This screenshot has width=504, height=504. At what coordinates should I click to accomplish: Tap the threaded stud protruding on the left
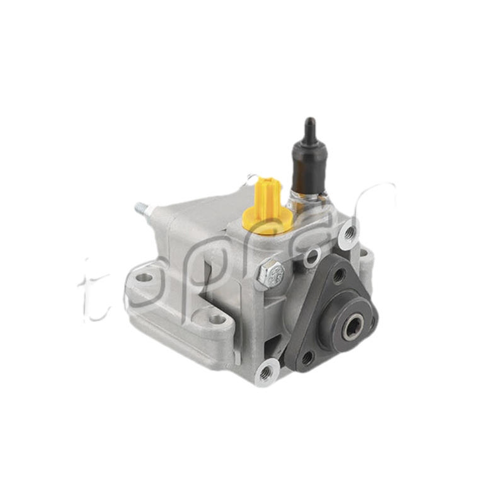point(142,209)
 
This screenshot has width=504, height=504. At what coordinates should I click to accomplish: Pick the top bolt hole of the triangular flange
point(339,275)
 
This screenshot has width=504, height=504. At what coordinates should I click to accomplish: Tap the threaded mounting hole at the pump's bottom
point(265,374)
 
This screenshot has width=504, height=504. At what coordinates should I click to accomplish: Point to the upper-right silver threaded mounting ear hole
point(348,235)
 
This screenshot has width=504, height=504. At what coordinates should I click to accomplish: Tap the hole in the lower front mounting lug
point(217,319)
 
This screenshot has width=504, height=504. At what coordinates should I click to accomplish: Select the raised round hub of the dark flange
point(346,328)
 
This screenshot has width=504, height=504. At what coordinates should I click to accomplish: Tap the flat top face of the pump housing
point(202,211)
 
